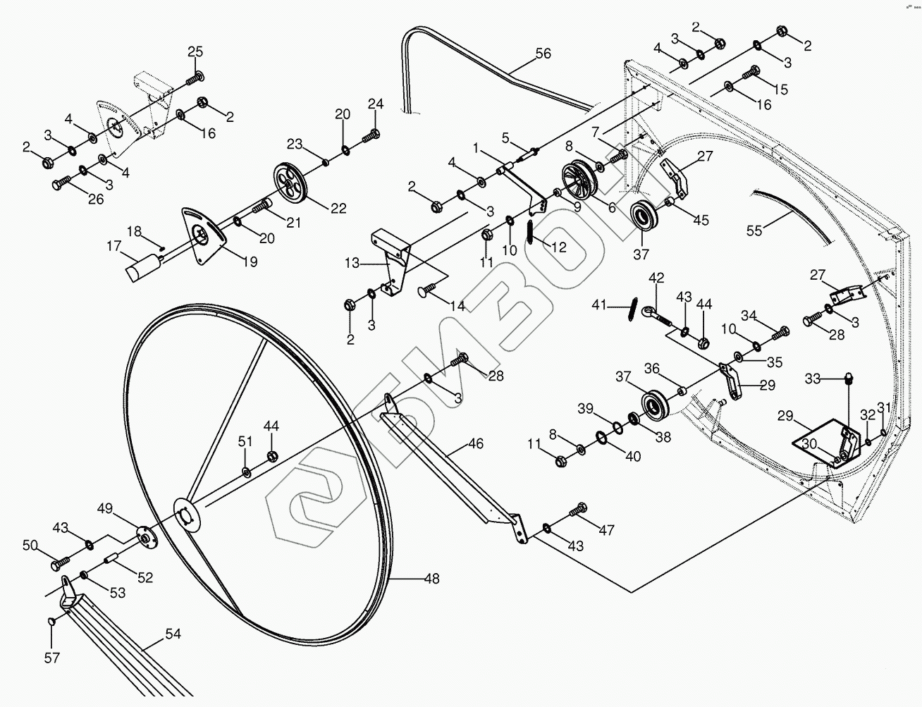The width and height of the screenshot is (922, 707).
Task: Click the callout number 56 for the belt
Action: [x=543, y=54]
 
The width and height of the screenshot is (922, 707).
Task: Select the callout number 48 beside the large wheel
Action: [x=431, y=579]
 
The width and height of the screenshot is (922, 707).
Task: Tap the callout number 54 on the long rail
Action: [x=173, y=634]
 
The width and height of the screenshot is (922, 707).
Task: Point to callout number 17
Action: [x=113, y=246]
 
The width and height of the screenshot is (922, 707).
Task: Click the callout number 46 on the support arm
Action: [x=476, y=445]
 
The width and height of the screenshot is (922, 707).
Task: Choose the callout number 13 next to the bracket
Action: [x=352, y=264]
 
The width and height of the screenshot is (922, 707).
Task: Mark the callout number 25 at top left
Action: [x=195, y=51]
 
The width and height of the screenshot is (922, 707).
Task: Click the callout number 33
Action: [x=813, y=379]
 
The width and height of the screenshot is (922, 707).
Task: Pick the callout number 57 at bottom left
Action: [x=51, y=658]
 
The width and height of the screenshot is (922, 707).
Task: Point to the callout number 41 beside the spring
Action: [x=599, y=305]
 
